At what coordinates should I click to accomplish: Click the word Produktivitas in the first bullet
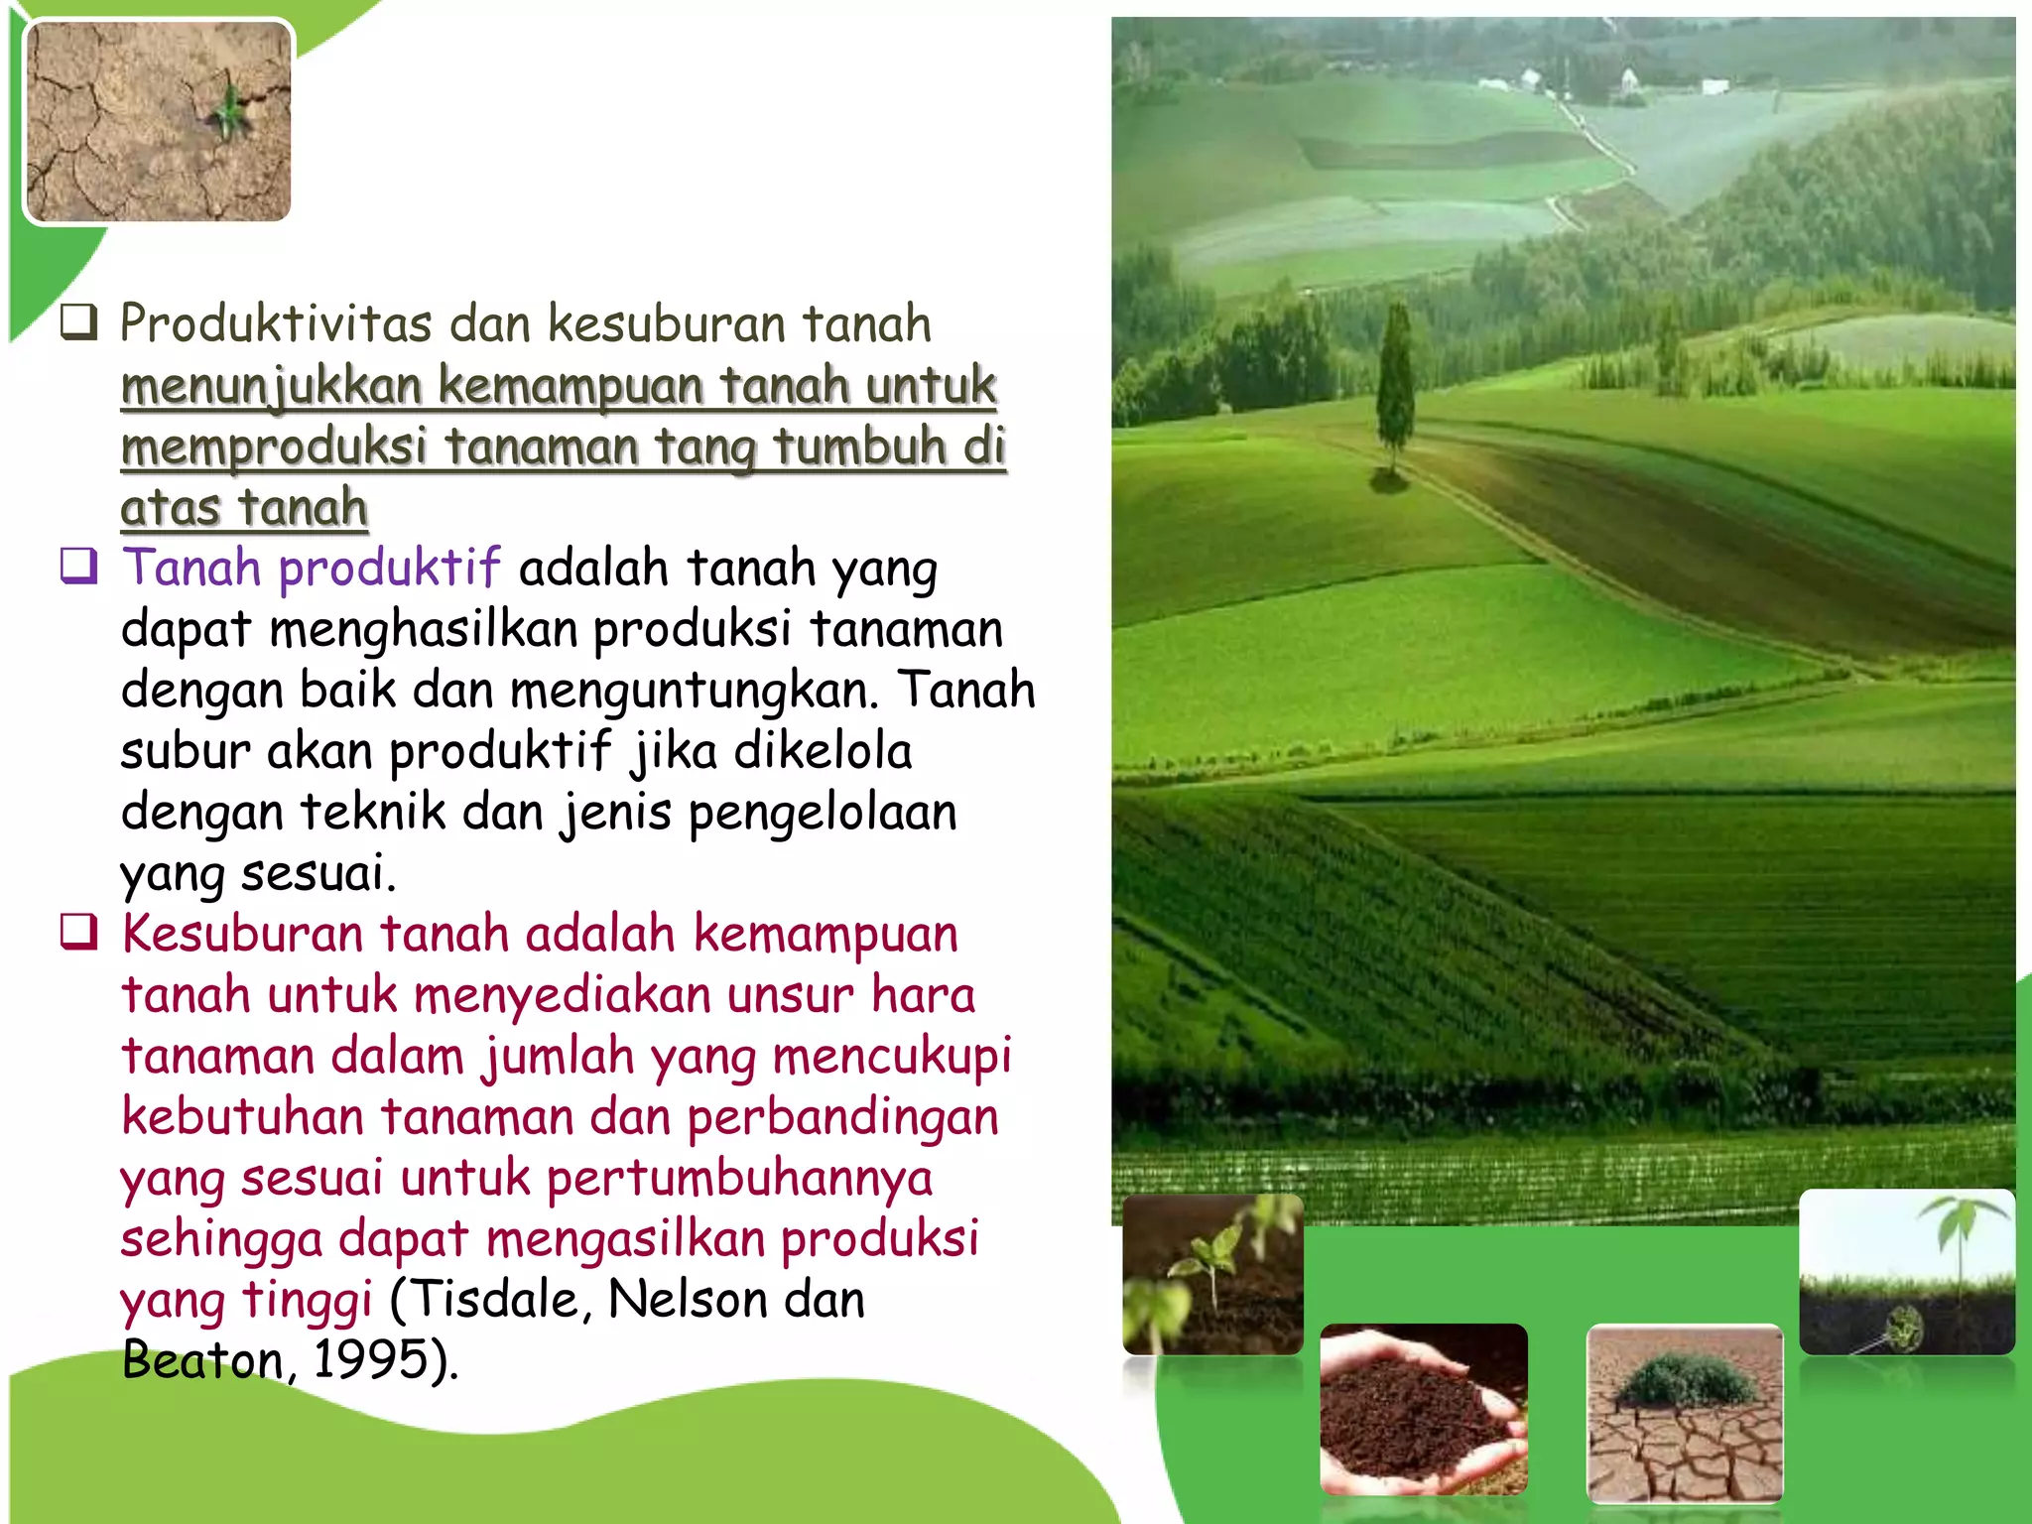pyautogui.click(x=276, y=324)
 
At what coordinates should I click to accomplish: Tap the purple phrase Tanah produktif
pyautogui.click(x=311, y=569)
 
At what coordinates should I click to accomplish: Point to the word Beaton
pyautogui.click(x=203, y=1360)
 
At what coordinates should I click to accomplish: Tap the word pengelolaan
pyautogui.click(x=823, y=813)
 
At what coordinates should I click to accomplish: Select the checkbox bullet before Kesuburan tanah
pyautogui.click(x=79, y=933)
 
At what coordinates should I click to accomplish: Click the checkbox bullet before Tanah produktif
pyautogui.click(x=79, y=567)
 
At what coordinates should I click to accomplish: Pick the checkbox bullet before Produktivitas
pyautogui.click(x=79, y=322)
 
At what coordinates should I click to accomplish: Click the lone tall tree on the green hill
pyautogui.click(x=1394, y=387)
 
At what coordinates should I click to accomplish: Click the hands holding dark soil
pyautogui.click(x=1423, y=1409)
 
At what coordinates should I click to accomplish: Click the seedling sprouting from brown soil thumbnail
pyautogui.click(x=1212, y=1274)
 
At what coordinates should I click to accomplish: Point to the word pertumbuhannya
pyautogui.click(x=739, y=1179)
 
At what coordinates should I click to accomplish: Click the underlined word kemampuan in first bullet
pyautogui.click(x=571, y=386)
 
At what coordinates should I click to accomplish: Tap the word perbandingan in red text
pyautogui.click(x=842, y=1117)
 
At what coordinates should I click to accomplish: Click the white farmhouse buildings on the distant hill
pyautogui.click(x=1628, y=79)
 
